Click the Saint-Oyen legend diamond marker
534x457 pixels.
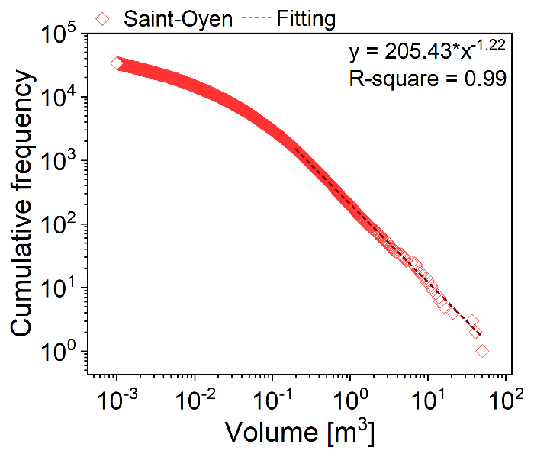104,18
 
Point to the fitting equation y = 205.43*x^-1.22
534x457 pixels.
427,53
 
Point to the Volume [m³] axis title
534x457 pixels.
300,433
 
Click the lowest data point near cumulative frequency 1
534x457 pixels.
482,351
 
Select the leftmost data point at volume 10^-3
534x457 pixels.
117,63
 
